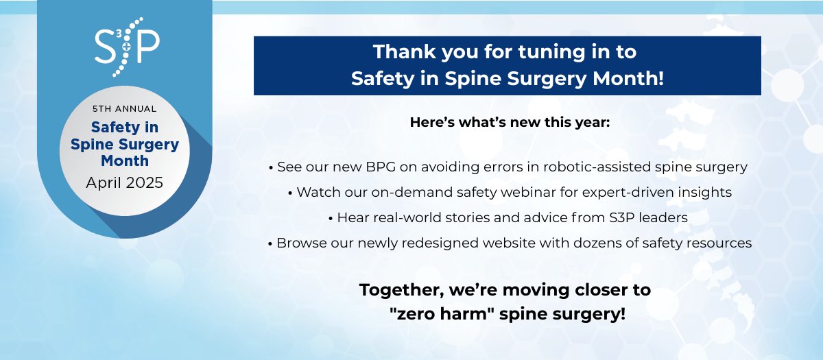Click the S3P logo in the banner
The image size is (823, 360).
128,46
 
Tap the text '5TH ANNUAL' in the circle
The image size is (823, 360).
124,109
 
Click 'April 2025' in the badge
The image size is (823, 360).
125,183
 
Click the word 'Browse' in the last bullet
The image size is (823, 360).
299,243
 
